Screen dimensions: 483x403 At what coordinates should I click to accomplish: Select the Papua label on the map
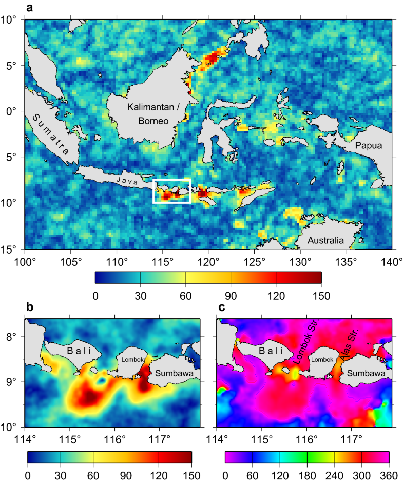[368, 146]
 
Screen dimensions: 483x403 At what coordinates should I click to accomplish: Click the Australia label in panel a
[326, 240]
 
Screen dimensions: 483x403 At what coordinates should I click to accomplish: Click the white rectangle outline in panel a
[153, 191]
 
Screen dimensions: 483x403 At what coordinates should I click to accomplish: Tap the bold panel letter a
[29, 7]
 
